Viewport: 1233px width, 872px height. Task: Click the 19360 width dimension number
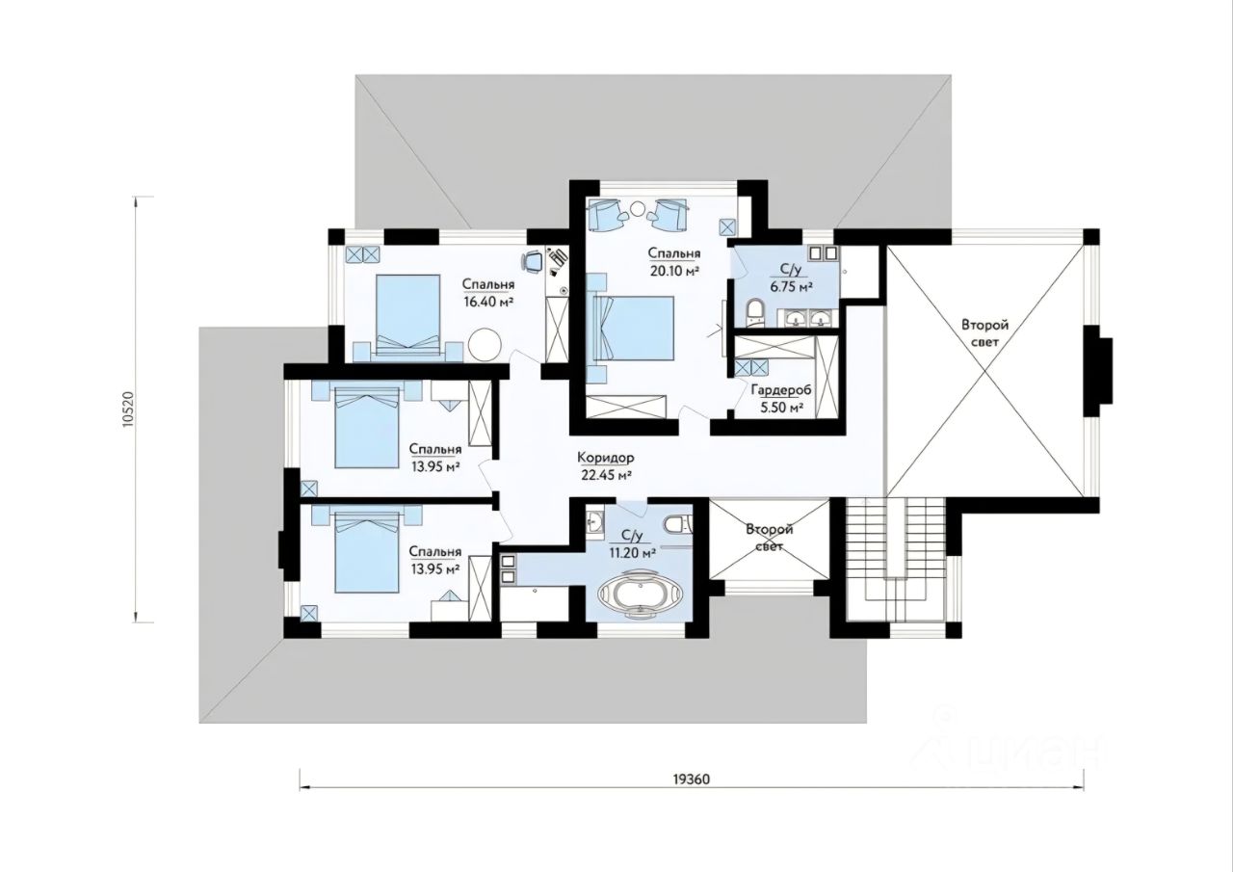691,780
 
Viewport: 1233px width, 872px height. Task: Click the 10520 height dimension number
128,410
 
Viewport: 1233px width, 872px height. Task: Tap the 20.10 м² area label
673,271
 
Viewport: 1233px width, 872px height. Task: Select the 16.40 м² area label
488,302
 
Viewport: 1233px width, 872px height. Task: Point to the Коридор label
606,458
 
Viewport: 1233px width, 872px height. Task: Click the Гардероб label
781,390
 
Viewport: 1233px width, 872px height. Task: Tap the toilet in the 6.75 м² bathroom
754,312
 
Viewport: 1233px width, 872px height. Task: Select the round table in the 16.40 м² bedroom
485,345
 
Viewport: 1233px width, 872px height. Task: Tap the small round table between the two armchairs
638,208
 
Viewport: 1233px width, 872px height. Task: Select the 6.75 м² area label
792,286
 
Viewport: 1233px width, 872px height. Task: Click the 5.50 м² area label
781,408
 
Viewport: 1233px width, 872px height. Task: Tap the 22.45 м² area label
606,475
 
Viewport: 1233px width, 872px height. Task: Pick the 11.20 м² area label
631,553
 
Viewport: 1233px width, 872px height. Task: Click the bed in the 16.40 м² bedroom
407,318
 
